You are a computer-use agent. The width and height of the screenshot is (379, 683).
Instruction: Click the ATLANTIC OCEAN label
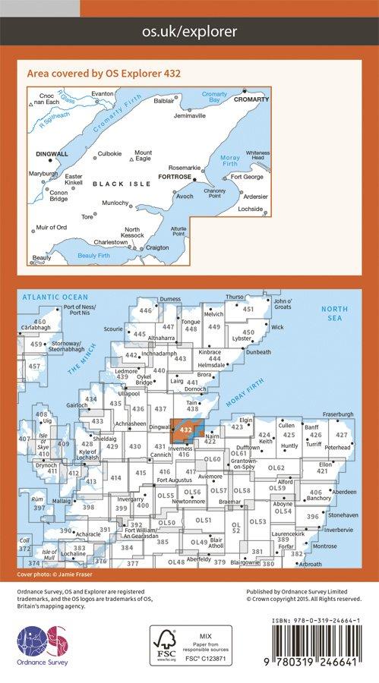click(x=55, y=297)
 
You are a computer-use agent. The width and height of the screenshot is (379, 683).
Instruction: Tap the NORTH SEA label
click(x=333, y=313)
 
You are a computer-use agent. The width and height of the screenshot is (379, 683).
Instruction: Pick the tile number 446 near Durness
click(x=146, y=311)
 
